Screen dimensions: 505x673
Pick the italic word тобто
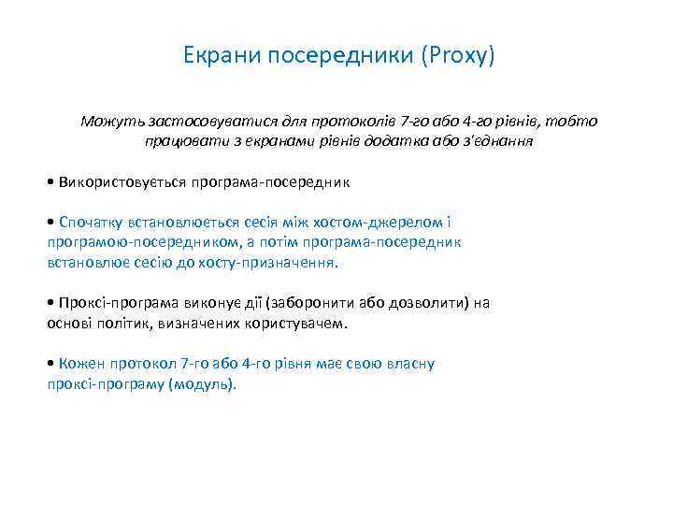click(571, 122)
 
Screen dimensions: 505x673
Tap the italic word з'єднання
click(499, 141)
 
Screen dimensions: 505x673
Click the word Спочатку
click(92, 222)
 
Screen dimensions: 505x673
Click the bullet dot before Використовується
click(50, 180)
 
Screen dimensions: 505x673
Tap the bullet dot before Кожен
click(50, 364)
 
